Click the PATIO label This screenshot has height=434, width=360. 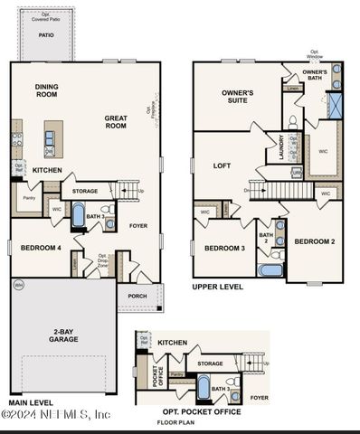point(46,35)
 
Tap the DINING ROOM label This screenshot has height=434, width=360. point(46,90)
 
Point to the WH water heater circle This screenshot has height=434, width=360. point(18,285)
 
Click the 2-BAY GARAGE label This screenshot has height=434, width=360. point(62,335)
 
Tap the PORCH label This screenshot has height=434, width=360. point(137,296)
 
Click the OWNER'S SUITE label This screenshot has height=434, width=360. point(237,97)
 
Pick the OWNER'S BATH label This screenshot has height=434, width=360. point(315,75)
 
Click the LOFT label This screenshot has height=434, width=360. point(222,165)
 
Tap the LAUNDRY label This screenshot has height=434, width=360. point(292,146)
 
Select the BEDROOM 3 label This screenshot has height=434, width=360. point(224,248)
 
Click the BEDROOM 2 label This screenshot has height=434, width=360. point(314,241)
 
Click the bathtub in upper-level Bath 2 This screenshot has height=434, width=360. point(270,269)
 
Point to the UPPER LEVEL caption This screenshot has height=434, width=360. point(217,287)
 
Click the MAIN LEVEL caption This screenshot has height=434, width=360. point(31,402)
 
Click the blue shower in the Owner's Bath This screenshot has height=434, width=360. point(335,105)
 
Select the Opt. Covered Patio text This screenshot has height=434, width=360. point(46,15)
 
